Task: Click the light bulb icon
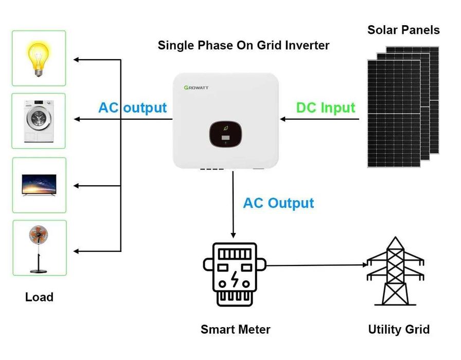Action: tap(39, 58)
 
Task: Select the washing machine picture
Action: tap(39, 120)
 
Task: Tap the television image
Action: tap(39, 184)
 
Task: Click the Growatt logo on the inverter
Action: tap(197, 88)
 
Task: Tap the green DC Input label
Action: tap(326, 108)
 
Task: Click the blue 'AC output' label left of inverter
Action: tap(132, 108)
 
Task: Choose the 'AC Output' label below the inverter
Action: tap(278, 203)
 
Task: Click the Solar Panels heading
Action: tap(403, 30)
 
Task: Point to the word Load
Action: tap(39, 297)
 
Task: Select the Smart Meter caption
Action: tap(235, 330)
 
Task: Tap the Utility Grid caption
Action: tap(398, 330)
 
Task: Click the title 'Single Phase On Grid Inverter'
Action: tap(243, 45)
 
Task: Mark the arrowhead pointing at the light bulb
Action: tap(76, 60)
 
